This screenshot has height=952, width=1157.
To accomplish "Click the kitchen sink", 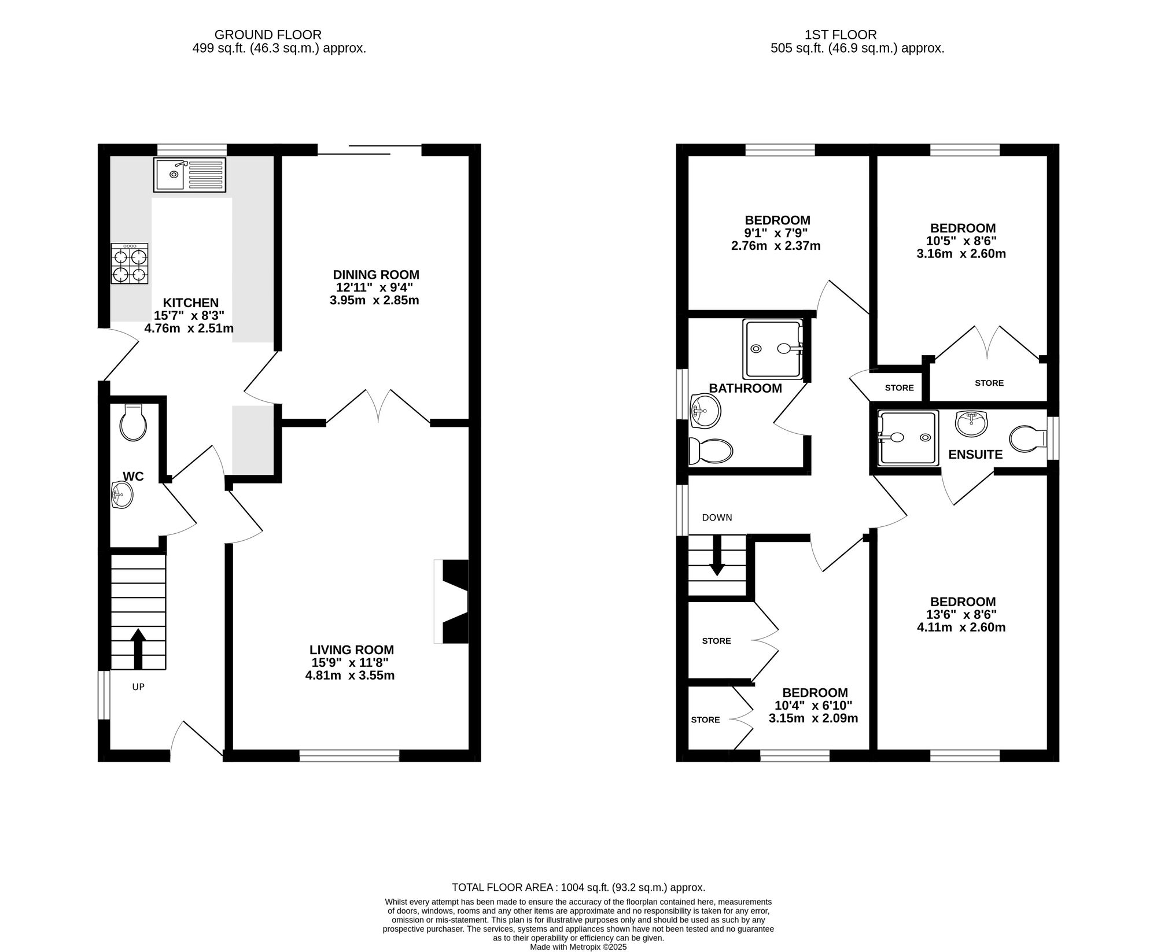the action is pos(190,174).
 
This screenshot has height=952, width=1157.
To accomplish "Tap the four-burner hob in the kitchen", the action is pos(130,264).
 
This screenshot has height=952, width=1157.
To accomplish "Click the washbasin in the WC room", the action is pos(121,495).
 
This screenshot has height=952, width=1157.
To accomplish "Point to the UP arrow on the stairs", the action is pos(138,649).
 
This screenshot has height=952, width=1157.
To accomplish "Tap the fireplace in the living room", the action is pos(451,601).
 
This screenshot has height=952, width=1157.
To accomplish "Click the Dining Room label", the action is pos(376,275).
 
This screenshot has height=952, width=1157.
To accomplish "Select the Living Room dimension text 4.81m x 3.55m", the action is pos(350,676).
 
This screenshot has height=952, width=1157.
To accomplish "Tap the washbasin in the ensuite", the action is pos(971,423).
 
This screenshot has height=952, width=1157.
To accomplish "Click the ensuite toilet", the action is pos(1028,439).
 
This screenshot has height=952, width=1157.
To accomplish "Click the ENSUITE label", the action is pos(975,455).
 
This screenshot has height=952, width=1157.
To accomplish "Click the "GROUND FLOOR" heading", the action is pos(268,35).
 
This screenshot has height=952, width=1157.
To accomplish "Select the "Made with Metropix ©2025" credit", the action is pos(578,947).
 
